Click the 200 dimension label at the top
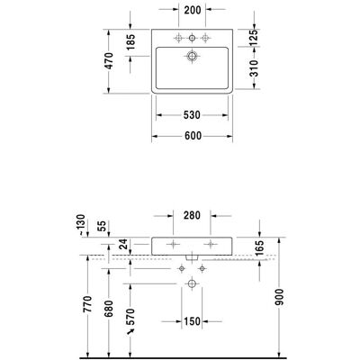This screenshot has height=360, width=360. click(193, 10)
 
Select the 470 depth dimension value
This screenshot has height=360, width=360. click(110, 61)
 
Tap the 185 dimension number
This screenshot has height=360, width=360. click(131, 42)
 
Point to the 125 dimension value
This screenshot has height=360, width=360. click(254, 38)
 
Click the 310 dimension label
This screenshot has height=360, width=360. click(254, 68)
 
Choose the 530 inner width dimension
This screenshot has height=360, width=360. click(192, 115)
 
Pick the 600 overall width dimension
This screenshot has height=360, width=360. click(193, 136)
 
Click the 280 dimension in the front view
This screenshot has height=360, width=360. click(192, 215)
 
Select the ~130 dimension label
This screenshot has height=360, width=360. click(81, 225)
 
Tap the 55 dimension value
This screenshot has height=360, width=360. click(102, 226)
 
